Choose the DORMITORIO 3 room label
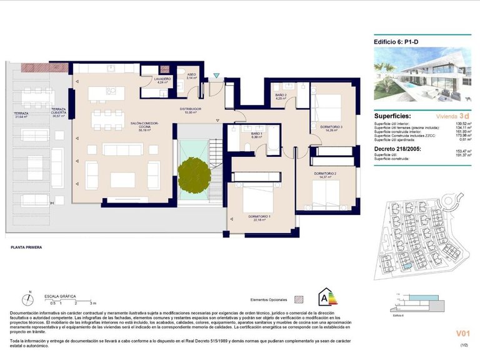pos(331,128)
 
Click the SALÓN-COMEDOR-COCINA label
pos(145,126)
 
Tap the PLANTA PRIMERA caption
pos(26,247)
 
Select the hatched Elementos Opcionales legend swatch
pos(299,299)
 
